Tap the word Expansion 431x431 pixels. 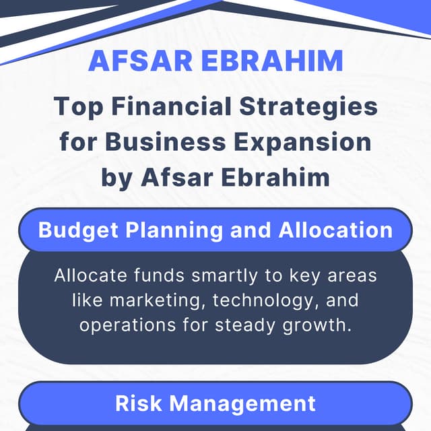tap(308, 141)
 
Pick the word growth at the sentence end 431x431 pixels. tap(317, 325)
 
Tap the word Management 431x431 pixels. tap(242, 403)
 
